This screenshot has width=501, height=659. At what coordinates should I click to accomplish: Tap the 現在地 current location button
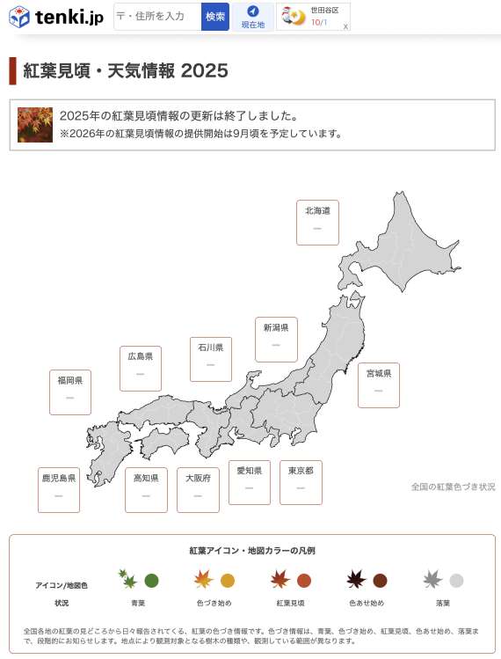253,17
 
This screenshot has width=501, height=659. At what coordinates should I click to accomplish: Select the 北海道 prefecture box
317,222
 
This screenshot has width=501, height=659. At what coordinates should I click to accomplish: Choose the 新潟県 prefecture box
276,339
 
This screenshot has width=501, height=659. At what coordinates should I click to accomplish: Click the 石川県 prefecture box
211,358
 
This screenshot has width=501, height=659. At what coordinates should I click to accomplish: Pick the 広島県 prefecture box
141,368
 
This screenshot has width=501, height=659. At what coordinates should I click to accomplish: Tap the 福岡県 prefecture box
70,392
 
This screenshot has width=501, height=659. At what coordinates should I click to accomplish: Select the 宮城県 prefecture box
378,384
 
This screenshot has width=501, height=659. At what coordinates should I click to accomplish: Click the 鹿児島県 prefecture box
59,489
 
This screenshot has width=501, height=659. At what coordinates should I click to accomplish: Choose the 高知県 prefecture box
146,489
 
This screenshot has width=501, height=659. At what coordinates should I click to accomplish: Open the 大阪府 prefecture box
198,489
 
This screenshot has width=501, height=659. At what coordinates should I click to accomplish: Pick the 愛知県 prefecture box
250,482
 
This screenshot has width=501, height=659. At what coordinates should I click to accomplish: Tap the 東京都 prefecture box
301,482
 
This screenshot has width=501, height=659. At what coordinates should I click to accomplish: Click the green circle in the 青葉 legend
151,581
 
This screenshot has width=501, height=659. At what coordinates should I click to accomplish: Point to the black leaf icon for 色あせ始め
356,580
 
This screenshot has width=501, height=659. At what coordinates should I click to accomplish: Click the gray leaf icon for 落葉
432,580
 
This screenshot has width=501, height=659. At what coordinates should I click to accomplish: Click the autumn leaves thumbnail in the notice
35,124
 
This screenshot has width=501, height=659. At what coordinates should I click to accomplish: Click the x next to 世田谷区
345,26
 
